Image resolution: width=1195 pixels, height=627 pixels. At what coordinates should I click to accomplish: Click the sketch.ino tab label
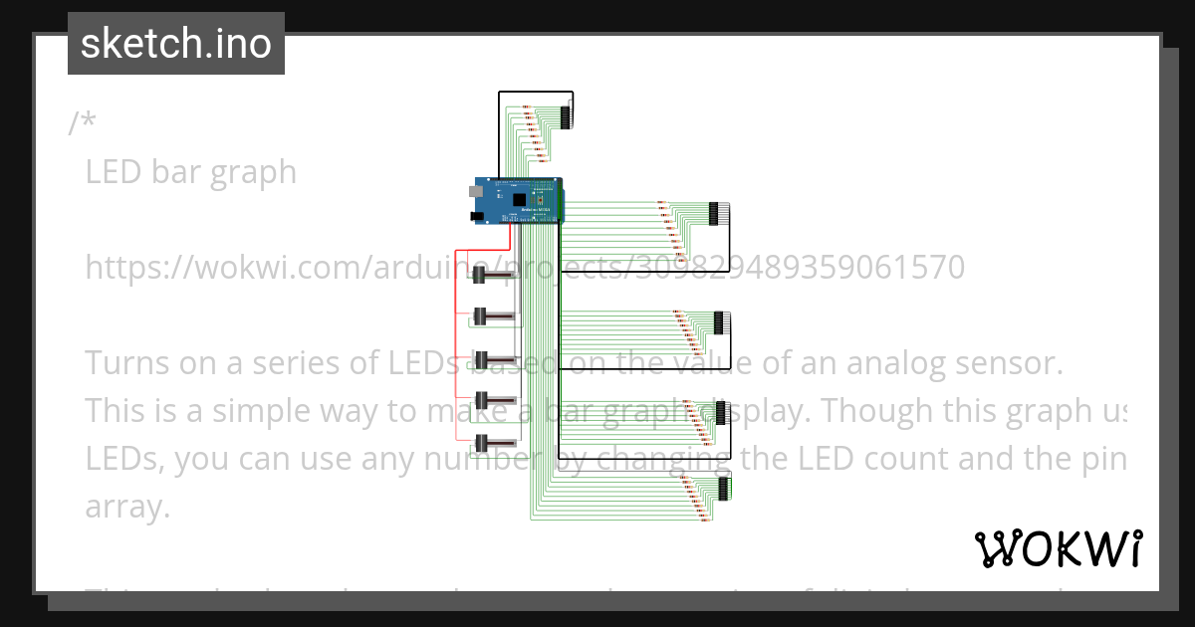coord(176,44)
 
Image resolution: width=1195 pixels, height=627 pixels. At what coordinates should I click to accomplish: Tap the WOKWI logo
coord(1058,548)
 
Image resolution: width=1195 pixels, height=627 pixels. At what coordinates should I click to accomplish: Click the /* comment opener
coord(83,123)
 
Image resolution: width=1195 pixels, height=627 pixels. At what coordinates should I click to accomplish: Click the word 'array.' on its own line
coord(127,507)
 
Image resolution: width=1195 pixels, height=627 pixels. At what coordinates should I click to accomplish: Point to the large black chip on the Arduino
coord(518,198)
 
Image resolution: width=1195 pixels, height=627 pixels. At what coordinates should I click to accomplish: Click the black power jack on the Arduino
coord(477,215)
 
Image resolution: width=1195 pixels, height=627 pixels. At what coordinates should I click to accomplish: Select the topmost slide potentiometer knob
coord(480,274)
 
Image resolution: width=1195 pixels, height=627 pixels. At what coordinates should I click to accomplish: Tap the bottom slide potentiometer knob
coord(480,443)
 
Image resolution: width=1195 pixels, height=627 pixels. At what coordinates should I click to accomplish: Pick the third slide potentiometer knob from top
coord(480,358)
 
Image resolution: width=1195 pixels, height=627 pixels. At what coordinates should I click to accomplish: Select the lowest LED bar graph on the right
coord(722,488)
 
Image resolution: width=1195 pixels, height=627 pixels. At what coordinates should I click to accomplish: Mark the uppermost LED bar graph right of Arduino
coord(714,212)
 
